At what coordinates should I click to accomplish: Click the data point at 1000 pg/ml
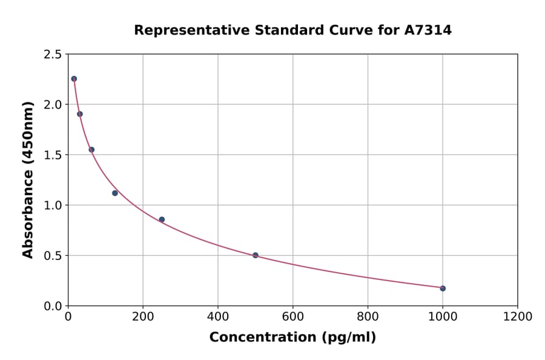(x=443, y=288)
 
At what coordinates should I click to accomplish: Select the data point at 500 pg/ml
(x=256, y=255)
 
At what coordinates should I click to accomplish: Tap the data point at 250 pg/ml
(x=162, y=219)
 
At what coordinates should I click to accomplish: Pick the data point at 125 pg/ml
(x=115, y=193)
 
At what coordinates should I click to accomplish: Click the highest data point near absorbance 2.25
(x=74, y=79)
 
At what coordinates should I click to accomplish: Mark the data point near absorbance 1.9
(x=80, y=114)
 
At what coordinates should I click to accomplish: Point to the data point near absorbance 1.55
(x=91, y=150)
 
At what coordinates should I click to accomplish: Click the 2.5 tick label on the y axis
(x=53, y=55)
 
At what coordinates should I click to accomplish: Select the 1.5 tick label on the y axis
(x=53, y=155)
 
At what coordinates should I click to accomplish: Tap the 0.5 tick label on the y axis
(x=53, y=256)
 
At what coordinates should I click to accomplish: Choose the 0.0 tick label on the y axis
(x=53, y=306)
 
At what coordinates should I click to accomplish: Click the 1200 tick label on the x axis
(x=517, y=317)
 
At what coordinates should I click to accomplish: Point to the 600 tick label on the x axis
(x=292, y=317)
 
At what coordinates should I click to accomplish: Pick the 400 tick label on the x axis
(x=218, y=317)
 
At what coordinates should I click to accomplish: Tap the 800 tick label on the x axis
(x=368, y=317)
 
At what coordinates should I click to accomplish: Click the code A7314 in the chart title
(x=428, y=30)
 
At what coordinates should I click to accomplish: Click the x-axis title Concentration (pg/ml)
(x=292, y=338)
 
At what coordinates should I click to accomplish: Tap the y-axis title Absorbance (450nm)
(x=28, y=180)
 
